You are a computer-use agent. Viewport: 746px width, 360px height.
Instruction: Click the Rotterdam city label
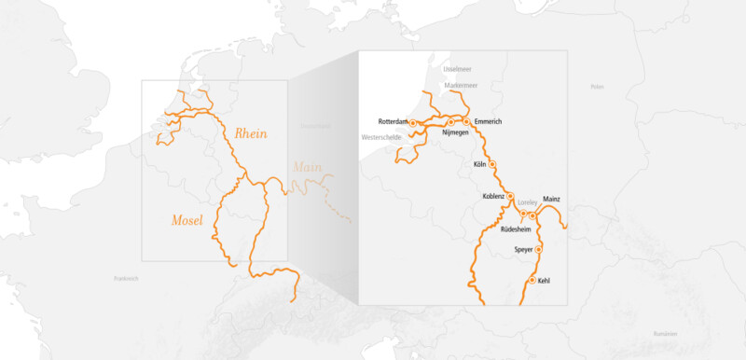point(394,122)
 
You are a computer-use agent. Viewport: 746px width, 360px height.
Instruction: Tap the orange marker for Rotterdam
point(412,122)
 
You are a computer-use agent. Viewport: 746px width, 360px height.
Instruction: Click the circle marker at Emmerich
point(466,122)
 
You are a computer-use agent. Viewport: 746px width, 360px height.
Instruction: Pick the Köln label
point(480,165)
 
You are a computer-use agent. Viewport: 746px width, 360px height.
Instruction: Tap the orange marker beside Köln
point(492,165)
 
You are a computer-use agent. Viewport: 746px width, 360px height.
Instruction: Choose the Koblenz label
point(493,196)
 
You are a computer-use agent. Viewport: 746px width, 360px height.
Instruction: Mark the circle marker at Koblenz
point(510,196)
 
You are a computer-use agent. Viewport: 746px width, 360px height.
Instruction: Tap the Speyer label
point(524,250)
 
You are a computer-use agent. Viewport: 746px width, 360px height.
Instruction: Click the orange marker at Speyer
point(538,250)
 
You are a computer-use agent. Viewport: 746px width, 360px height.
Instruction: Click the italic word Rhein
point(251,133)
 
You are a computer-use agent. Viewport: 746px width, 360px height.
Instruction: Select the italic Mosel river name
point(187,220)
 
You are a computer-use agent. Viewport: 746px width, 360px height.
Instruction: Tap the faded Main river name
point(307,168)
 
